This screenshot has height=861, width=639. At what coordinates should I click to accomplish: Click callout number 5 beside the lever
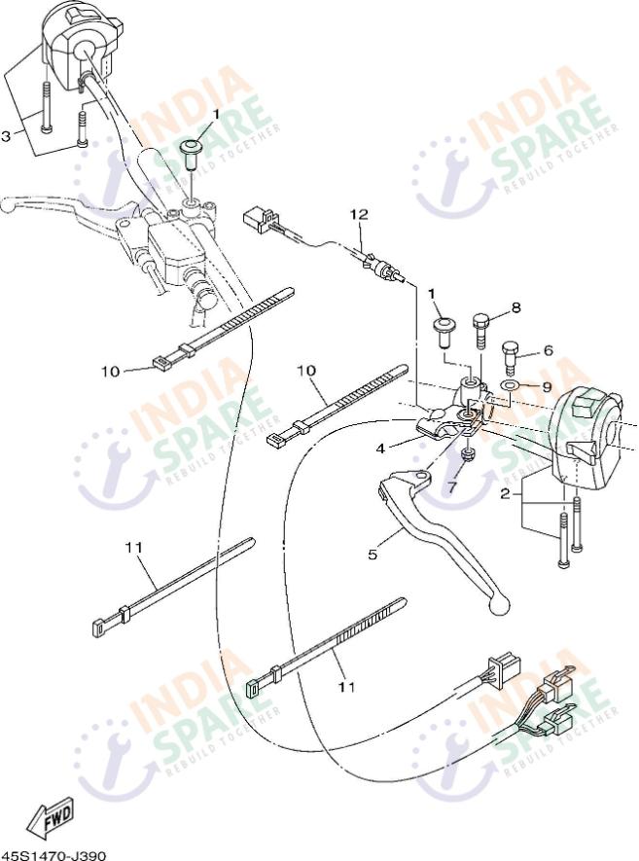click(373, 554)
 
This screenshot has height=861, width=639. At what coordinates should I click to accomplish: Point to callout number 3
click(6, 135)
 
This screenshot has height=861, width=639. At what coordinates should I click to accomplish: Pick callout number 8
click(515, 307)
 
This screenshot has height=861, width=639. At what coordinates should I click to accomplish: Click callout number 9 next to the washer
click(547, 386)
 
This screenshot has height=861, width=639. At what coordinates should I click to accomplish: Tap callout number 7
click(452, 487)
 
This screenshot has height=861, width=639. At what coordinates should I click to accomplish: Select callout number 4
click(380, 448)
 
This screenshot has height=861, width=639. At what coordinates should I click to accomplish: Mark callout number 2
click(505, 493)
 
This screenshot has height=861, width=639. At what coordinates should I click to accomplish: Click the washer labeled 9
click(511, 386)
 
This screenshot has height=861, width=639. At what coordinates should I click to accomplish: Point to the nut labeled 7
click(468, 453)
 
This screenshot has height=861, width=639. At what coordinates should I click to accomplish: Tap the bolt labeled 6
click(510, 357)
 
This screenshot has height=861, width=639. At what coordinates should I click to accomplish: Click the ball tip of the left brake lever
click(8, 205)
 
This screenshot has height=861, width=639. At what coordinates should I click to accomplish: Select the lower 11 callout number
click(347, 687)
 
